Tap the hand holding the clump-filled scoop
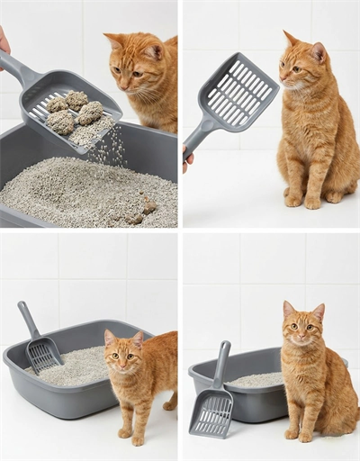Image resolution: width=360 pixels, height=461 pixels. pyautogui.click(x=4, y=41)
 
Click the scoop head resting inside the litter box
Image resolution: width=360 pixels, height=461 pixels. pyautogui.click(x=43, y=354)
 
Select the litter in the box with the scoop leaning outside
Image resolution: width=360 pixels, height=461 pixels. pyautogui.click(x=256, y=380)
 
